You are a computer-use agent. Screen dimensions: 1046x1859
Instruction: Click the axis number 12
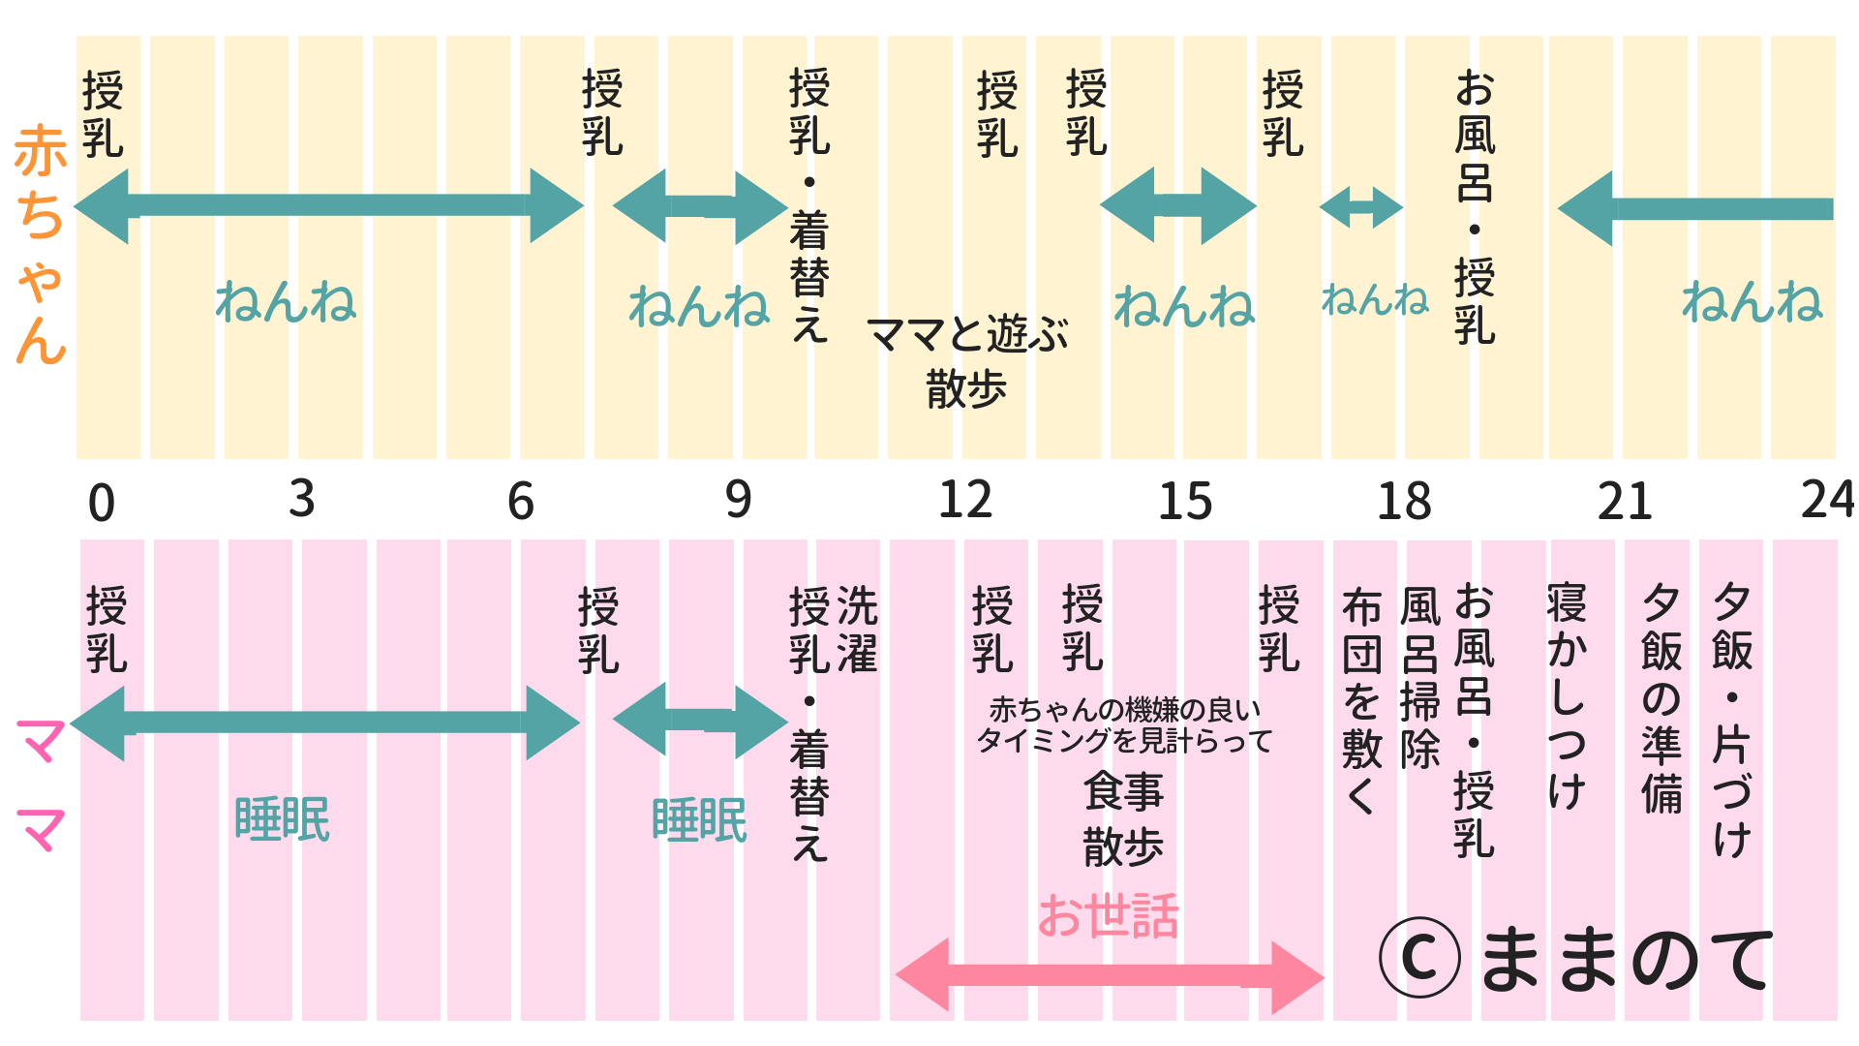click(965, 501)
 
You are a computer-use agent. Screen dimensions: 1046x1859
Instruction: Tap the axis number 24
click(1827, 501)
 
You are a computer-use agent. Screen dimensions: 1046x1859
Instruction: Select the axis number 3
click(302, 500)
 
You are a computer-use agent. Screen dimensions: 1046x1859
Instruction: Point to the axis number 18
click(1404, 502)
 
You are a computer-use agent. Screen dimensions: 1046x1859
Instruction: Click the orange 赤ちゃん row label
click(41, 244)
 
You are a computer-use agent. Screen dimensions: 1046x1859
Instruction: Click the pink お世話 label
click(1109, 916)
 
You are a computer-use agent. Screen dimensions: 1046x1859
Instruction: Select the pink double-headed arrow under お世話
click(1109, 976)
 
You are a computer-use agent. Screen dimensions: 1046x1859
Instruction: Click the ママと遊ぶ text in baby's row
click(967, 335)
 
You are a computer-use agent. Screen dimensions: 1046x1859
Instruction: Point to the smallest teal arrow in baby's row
click(1360, 207)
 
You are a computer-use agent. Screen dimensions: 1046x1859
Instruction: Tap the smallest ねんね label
click(1375, 300)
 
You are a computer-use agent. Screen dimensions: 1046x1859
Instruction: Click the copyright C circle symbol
click(1419, 958)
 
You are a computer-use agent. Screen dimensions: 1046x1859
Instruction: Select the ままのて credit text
click(1627, 959)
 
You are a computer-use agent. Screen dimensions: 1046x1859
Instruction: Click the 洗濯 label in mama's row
click(857, 630)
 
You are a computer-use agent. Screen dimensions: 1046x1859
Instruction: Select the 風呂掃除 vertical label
click(1420, 678)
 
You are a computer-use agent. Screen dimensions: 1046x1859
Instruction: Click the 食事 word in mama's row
click(1123, 791)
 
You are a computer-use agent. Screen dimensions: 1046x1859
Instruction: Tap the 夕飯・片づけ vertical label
click(1732, 722)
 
